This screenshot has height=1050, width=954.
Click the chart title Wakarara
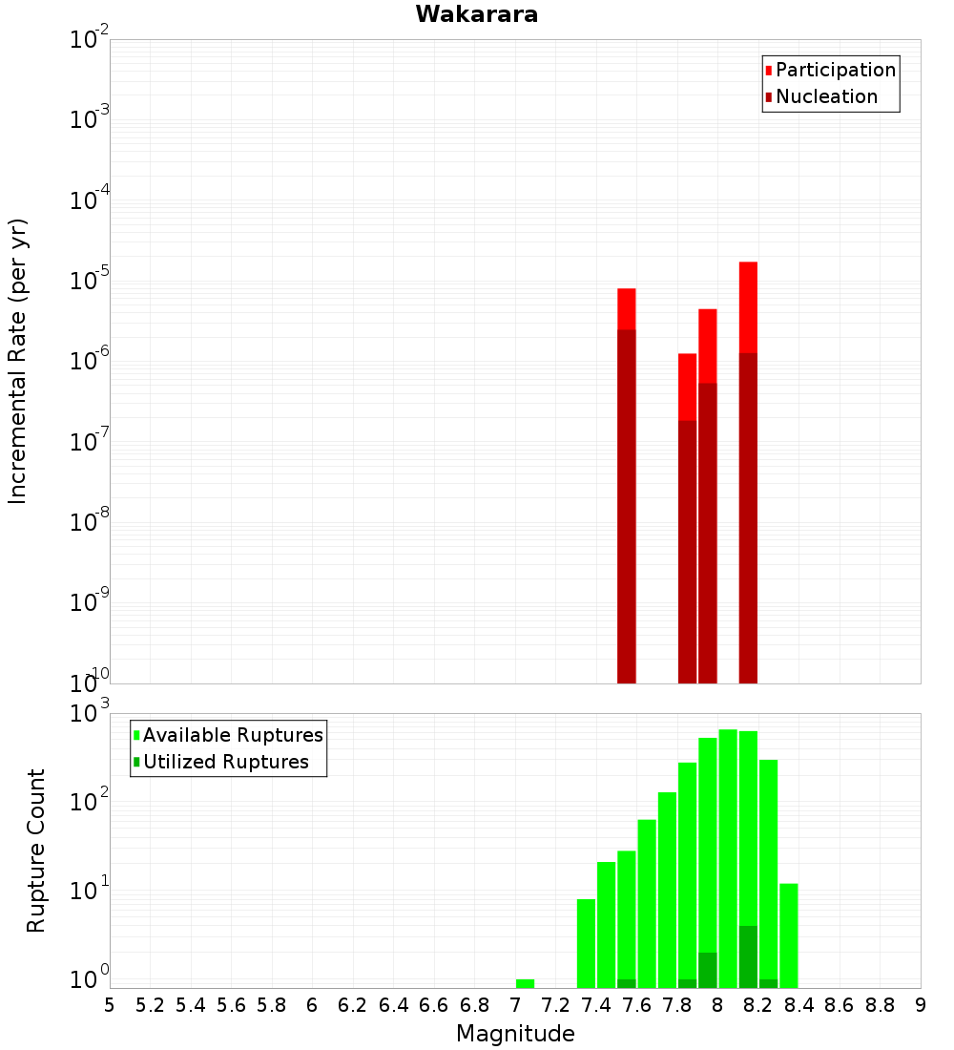476,14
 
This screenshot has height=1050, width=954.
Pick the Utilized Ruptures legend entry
225,762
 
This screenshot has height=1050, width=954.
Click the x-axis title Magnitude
515,1034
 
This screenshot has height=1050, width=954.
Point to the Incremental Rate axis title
18,361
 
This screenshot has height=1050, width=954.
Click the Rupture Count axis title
36,850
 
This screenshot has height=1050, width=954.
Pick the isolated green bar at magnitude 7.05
525,983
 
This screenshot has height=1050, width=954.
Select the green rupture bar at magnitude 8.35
789,935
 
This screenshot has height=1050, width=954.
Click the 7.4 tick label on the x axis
596,1005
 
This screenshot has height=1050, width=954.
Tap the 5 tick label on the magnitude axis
110,1005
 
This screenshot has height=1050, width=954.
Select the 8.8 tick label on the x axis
880,1005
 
